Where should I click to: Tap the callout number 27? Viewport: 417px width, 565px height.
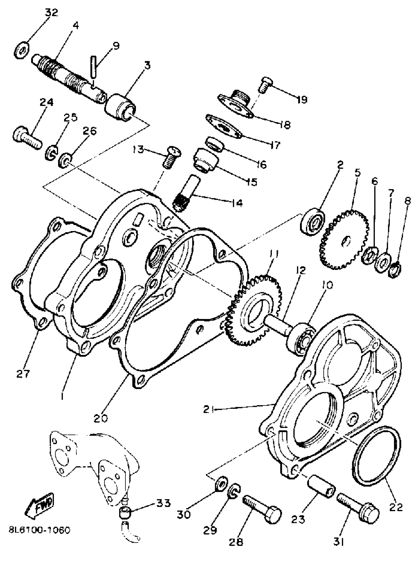point(23,374)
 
